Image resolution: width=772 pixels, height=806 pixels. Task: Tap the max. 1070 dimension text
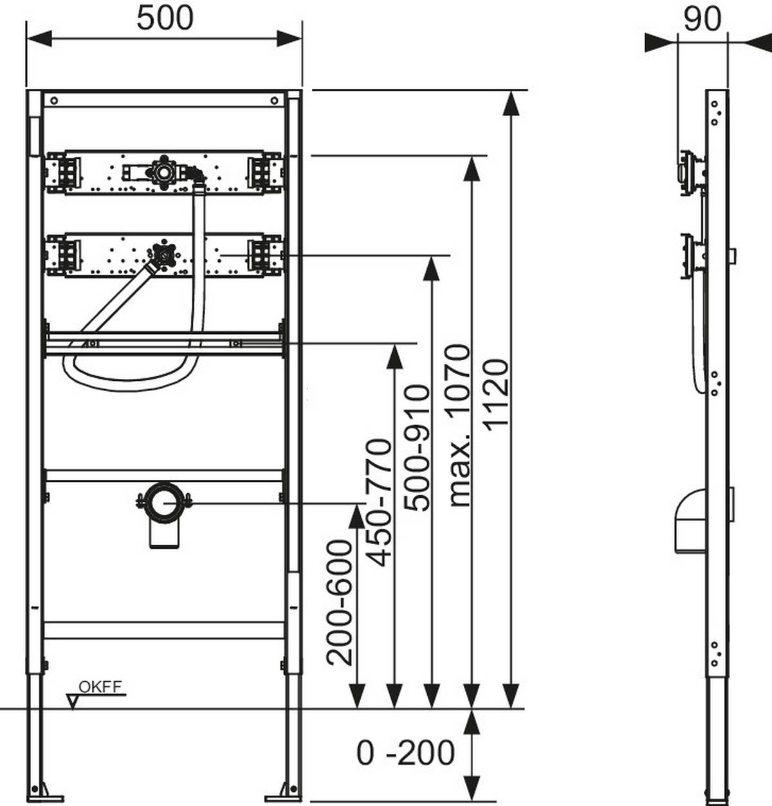click(x=459, y=425)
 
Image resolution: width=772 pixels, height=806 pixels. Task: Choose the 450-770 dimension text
click(x=380, y=502)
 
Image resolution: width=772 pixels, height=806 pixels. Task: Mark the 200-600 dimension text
click(x=340, y=603)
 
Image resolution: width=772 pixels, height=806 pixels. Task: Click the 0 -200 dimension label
click(x=405, y=753)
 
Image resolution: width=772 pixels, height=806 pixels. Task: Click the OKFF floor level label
click(x=100, y=686)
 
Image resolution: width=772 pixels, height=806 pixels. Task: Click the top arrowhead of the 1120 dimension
click(x=511, y=103)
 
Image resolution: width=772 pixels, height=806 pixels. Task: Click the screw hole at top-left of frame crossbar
click(x=54, y=100)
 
